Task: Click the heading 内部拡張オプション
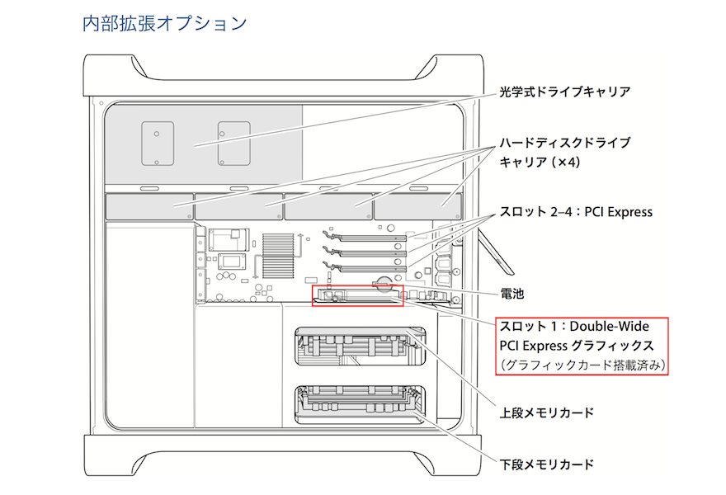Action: click(165, 23)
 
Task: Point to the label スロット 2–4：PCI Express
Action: click(576, 212)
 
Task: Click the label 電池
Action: click(512, 293)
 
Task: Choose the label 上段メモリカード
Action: click(547, 412)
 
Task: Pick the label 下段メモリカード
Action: click(547, 464)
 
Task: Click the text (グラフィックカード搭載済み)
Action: click(581, 364)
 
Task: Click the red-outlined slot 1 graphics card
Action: click(357, 295)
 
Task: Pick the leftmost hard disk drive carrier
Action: click(148, 205)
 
